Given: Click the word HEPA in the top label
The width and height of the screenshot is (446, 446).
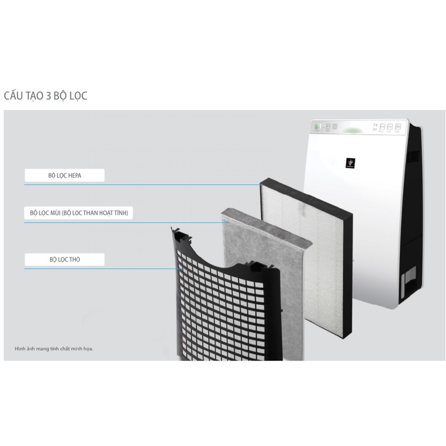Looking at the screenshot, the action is (x=73, y=176).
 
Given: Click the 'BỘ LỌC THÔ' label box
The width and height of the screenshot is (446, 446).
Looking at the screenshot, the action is (x=64, y=260).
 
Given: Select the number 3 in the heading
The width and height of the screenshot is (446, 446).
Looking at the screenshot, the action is (x=48, y=96).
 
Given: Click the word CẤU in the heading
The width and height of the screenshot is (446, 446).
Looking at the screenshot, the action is (x=14, y=96).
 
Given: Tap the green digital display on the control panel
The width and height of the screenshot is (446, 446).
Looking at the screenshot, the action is (x=318, y=126).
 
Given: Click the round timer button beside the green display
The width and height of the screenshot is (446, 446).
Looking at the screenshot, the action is (x=335, y=126).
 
